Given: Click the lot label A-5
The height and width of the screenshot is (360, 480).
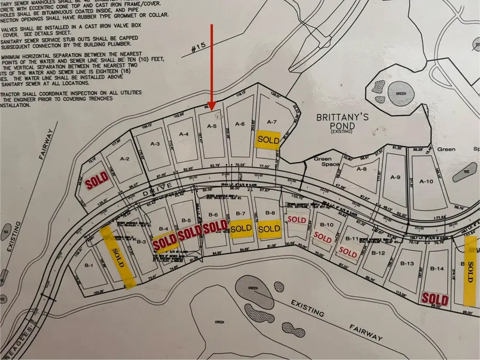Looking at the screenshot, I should [x=211, y=127].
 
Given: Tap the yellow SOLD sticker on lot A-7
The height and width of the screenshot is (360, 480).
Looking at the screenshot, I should [x=268, y=139].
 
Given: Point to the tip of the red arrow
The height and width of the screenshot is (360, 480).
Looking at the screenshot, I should [x=212, y=109].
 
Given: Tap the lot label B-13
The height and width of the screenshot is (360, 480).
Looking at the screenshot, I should [x=407, y=263].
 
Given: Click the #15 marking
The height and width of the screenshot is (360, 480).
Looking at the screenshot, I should [x=199, y=49].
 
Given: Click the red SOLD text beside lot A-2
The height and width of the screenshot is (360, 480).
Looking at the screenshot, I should [x=97, y=182].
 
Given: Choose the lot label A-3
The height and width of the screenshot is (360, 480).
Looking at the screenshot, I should [x=155, y=143].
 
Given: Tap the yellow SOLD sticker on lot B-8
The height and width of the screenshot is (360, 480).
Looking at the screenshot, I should [x=268, y=229].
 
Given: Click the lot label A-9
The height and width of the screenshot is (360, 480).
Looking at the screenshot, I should [x=395, y=177].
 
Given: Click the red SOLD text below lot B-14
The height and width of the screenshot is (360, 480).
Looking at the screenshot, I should [x=435, y=298].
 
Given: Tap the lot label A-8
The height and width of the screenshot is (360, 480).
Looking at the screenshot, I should [x=362, y=169].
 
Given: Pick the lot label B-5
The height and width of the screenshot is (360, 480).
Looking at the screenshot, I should [x=186, y=220].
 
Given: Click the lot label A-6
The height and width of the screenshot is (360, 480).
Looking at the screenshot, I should [x=239, y=124].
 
